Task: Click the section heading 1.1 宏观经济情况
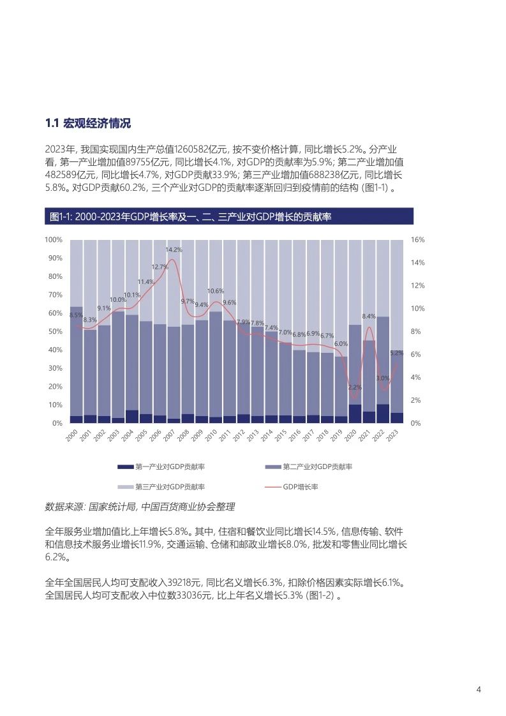click(88, 123)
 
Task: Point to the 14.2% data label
click(174, 250)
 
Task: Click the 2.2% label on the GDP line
click(355, 387)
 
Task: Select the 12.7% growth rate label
click(160, 267)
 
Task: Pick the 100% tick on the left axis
click(54, 239)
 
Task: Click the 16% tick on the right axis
click(417, 239)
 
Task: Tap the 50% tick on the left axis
click(55, 332)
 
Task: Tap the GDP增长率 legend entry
click(301, 487)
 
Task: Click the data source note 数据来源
click(139, 507)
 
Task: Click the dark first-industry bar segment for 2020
click(355, 414)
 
